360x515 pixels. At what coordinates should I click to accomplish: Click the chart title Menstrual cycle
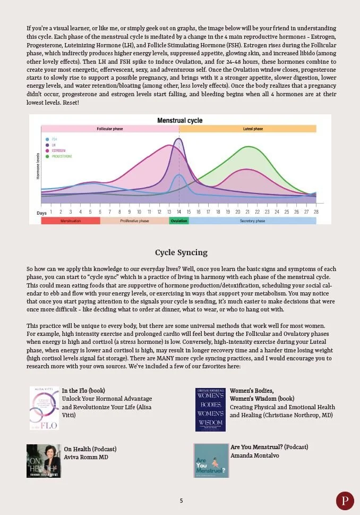pyautogui.click(x=179, y=121)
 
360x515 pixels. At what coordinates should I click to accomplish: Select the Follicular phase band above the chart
pyautogui.click(x=110, y=129)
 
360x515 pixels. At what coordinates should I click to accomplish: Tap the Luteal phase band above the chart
pyautogui.click(x=248, y=129)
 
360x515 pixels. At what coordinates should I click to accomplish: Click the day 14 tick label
pyautogui.click(x=179, y=212)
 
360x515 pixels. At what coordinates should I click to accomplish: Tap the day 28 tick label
pyautogui.click(x=316, y=212)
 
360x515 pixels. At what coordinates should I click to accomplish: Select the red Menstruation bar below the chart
pyautogui.click(x=70, y=221)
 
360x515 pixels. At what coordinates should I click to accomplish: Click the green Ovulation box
pyautogui.click(x=179, y=221)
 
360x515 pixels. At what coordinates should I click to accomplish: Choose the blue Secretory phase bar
pyautogui.click(x=252, y=221)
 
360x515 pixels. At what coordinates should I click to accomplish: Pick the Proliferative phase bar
pyautogui.click(x=134, y=221)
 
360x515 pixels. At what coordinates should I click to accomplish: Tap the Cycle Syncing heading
pyautogui.click(x=181, y=252)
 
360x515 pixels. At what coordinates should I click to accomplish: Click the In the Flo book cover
pyautogui.click(x=44, y=408)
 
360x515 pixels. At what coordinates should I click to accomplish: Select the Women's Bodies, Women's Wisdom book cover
pyautogui.click(x=210, y=409)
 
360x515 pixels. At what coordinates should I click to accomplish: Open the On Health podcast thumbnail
pyautogui.click(x=44, y=461)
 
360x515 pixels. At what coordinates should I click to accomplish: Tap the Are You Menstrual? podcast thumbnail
pyautogui.click(x=211, y=460)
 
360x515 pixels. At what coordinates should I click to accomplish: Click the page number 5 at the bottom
pyautogui.click(x=181, y=501)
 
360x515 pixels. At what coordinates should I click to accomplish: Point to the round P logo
pyautogui.click(x=345, y=501)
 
